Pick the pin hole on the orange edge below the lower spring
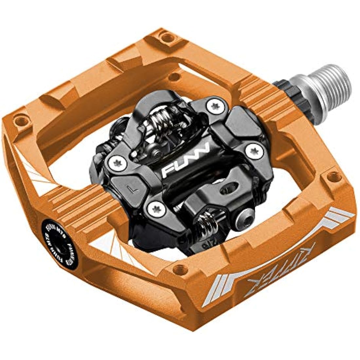coord(179,270)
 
